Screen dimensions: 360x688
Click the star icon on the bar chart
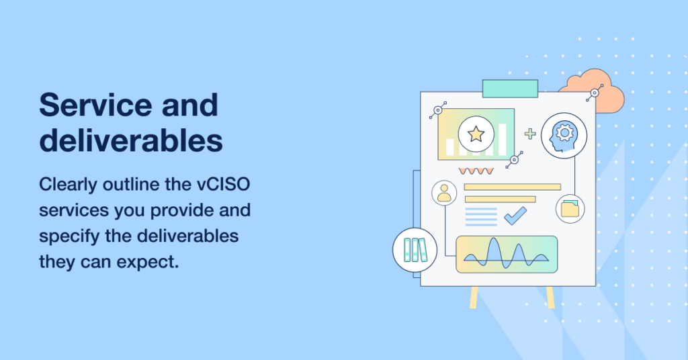pyautogui.click(x=476, y=134)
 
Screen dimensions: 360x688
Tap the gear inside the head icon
pyautogui.click(x=564, y=132)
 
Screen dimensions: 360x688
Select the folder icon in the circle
pyautogui.click(x=570, y=208)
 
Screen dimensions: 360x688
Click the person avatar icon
pyautogui.click(x=444, y=193)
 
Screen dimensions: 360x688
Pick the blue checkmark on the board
pyautogui.click(x=515, y=216)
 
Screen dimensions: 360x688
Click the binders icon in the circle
pyautogui.click(x=411, y=250)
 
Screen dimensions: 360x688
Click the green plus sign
pyautogui.click(x=530, y=134)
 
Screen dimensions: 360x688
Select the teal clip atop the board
pyautogui.click(x=510, y=88)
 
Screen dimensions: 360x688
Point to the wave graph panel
pyautogui.click(x=507, y=255)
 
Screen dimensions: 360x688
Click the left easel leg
pyautogui.click(x=474, y=297)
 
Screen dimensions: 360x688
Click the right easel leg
pyautogui.click(x=550, y=297)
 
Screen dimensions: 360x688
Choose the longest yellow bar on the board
pyautogui.click(x=512, y=187)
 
